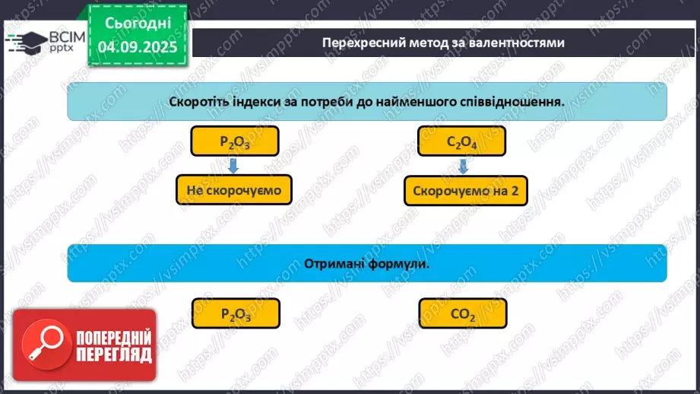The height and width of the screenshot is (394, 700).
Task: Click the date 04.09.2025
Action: pyautogui.click(x=138, y=47)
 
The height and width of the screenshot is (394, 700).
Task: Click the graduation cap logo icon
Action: pyautogui.click(x=23, y=40)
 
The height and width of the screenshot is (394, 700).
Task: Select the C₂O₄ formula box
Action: pyautogui.click(x=462, y=141)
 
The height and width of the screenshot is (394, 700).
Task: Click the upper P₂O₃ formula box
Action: pyautogui.click(x=235, y=141)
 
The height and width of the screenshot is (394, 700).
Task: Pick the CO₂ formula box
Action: pyautogui.click(x=462, y=313)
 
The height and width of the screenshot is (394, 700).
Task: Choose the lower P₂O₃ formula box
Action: pyautogui.click(x=236, y=313)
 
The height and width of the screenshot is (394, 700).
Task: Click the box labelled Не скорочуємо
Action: pyautogui.click(x=234, y=190)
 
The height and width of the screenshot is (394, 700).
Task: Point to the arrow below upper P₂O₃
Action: pyautogui.click(x=235, y=165)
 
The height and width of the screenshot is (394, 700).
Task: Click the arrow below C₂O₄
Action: pyautogui.click(x=462, y=166)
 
